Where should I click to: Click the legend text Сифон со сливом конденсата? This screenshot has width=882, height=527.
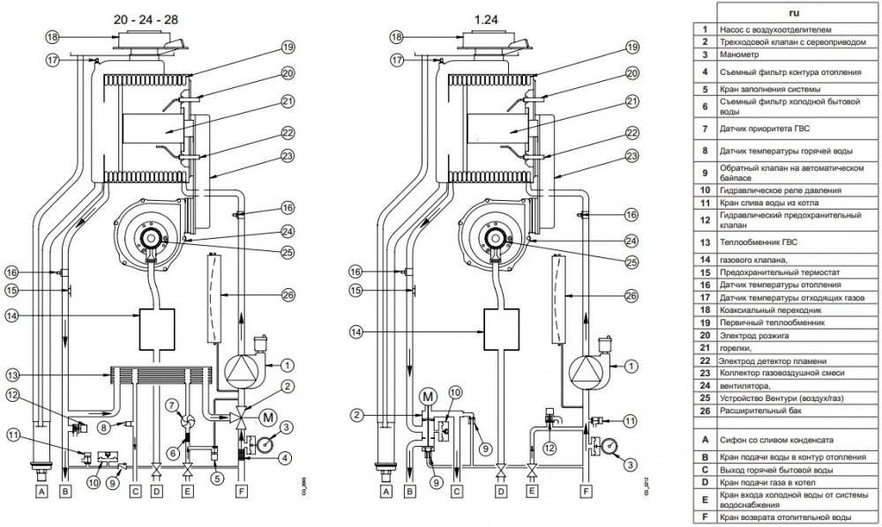(x=782, y=438)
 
